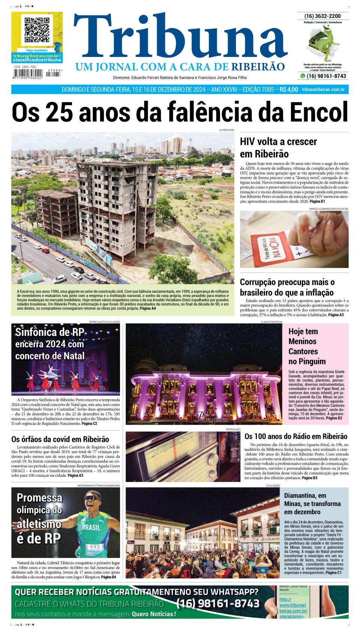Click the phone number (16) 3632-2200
322,16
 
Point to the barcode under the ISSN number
28,73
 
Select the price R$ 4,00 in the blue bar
289,90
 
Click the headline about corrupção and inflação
287,287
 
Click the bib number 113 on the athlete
94,547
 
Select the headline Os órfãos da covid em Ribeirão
60,439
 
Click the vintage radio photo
183,456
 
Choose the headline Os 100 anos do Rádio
296,436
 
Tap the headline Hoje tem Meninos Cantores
307,346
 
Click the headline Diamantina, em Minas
312,503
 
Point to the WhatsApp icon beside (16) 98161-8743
302,76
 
